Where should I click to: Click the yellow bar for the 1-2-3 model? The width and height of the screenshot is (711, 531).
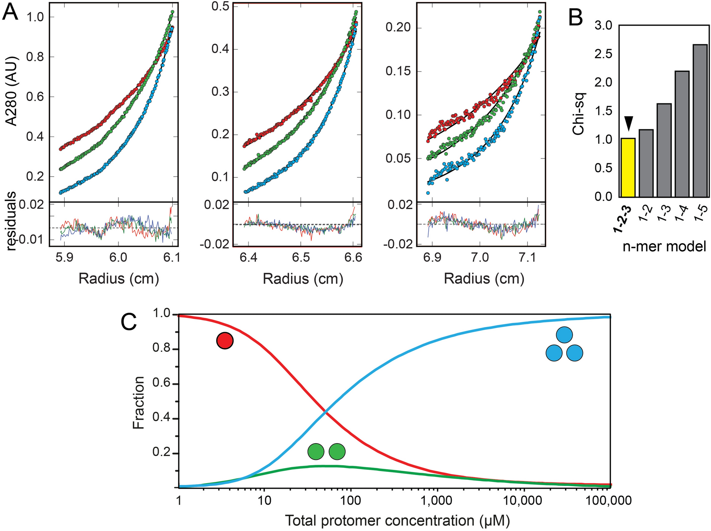[x=628, y=168]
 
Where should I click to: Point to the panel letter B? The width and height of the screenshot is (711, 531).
[x=576, y=18]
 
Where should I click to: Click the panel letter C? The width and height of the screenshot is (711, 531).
[x=129, y=323]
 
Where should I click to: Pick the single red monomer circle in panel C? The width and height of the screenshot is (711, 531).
[x=225, y=341]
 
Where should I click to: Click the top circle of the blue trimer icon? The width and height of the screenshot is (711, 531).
[x=564, y=335]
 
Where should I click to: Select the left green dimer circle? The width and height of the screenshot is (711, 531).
[x=316, y=452]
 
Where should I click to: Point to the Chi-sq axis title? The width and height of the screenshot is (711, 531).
[x=578, y=114]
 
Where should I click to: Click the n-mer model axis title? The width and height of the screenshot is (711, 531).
[x=664, y=246]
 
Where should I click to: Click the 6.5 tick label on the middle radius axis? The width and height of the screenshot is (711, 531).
[x=301, y=258]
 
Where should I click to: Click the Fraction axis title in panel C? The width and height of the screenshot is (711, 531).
[x=138, y=402]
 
